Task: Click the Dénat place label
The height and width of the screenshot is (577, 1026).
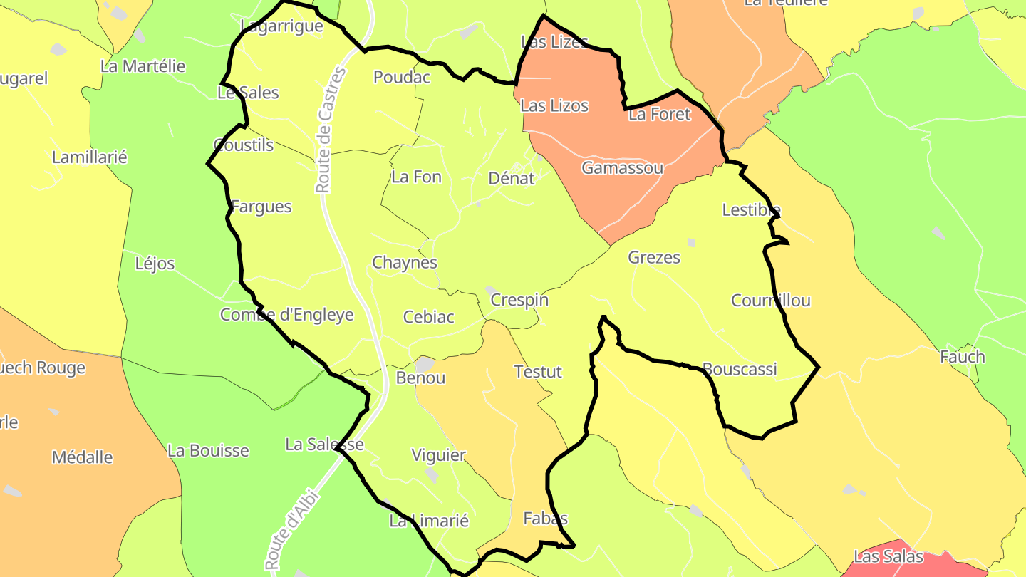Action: (x=511, y=178)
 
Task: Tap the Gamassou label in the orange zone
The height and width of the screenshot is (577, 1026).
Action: (x=622, y=168)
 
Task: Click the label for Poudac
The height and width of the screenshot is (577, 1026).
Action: (x=402, y=77)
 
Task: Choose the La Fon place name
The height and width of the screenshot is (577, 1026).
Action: (x=416, y=177)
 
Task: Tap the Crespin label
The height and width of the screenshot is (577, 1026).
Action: (x=519, y=300)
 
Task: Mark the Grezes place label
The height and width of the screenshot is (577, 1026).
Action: (x=653, y=257)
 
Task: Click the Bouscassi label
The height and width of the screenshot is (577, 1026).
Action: (x=739, y=369)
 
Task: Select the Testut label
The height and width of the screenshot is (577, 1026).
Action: (x=538, y=371)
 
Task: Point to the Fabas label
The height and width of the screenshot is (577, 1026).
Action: (x=545, y=518)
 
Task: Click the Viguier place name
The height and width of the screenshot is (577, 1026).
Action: (x=438, y=455)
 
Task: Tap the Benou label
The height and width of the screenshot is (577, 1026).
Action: (x=420, y=378)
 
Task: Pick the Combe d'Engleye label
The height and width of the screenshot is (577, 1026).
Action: (x=286, y=314)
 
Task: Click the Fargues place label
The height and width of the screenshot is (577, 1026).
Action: (x=261, y=207)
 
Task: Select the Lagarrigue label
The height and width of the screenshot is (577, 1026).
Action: (x=281, y=26)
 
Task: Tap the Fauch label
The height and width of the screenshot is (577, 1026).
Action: (x=962, y=357)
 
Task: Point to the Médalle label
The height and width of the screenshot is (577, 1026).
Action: (x=82, y=457)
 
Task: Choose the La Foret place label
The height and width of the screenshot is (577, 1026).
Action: (x=659, y=114)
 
